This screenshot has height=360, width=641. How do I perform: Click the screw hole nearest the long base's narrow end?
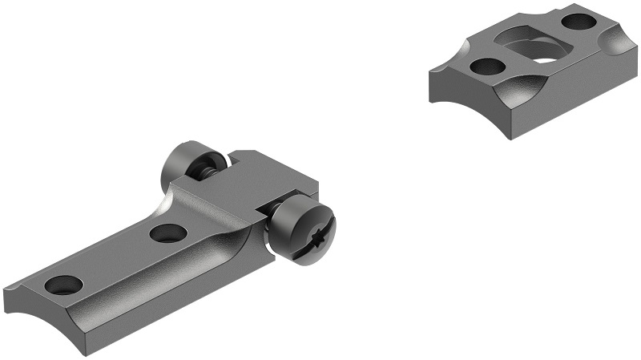coord(63,284)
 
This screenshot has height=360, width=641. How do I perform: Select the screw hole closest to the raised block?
coord(168,233)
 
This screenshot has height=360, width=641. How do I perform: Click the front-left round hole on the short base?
coord(486,67)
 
